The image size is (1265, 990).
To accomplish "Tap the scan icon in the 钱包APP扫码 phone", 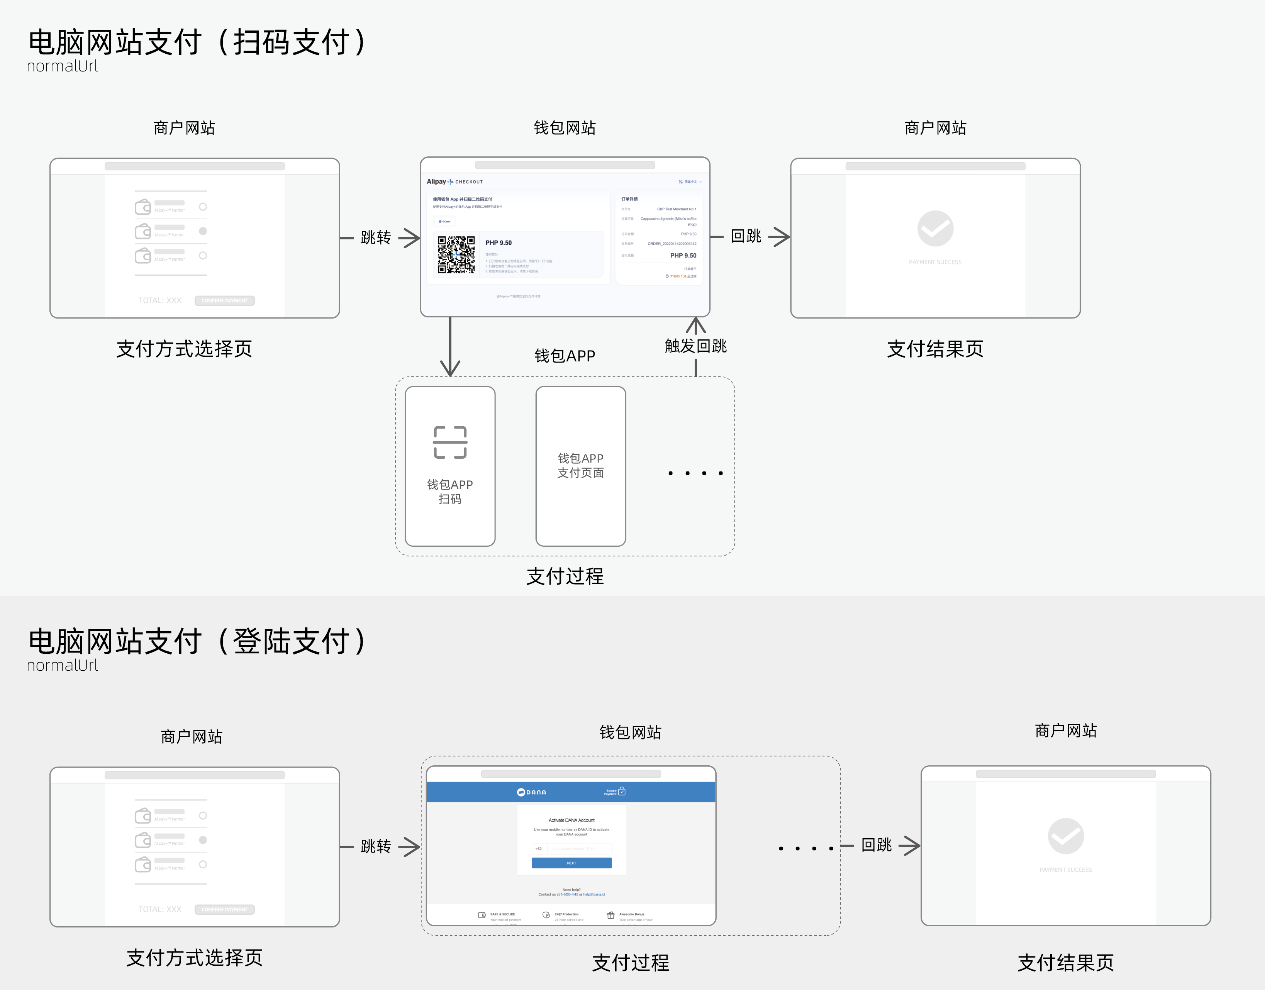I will point(450,442).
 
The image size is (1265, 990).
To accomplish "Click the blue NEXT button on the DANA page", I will point(571,863).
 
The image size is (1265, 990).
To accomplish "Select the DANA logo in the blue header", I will point(532,792).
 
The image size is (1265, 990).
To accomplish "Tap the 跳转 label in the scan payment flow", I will point(376,237).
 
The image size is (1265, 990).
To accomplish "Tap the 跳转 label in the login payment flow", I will point(376,846).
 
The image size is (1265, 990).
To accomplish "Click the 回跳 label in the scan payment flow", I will point(746,236).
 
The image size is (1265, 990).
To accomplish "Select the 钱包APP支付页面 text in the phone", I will point(580,465).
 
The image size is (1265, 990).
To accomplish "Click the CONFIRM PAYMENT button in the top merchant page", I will point(224,300).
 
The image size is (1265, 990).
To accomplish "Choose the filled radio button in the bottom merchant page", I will point(203,840).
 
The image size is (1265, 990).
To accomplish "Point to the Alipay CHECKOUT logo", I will point(454,181).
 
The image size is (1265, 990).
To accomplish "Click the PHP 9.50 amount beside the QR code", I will point(499,243).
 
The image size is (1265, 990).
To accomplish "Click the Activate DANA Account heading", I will point(571,820).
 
